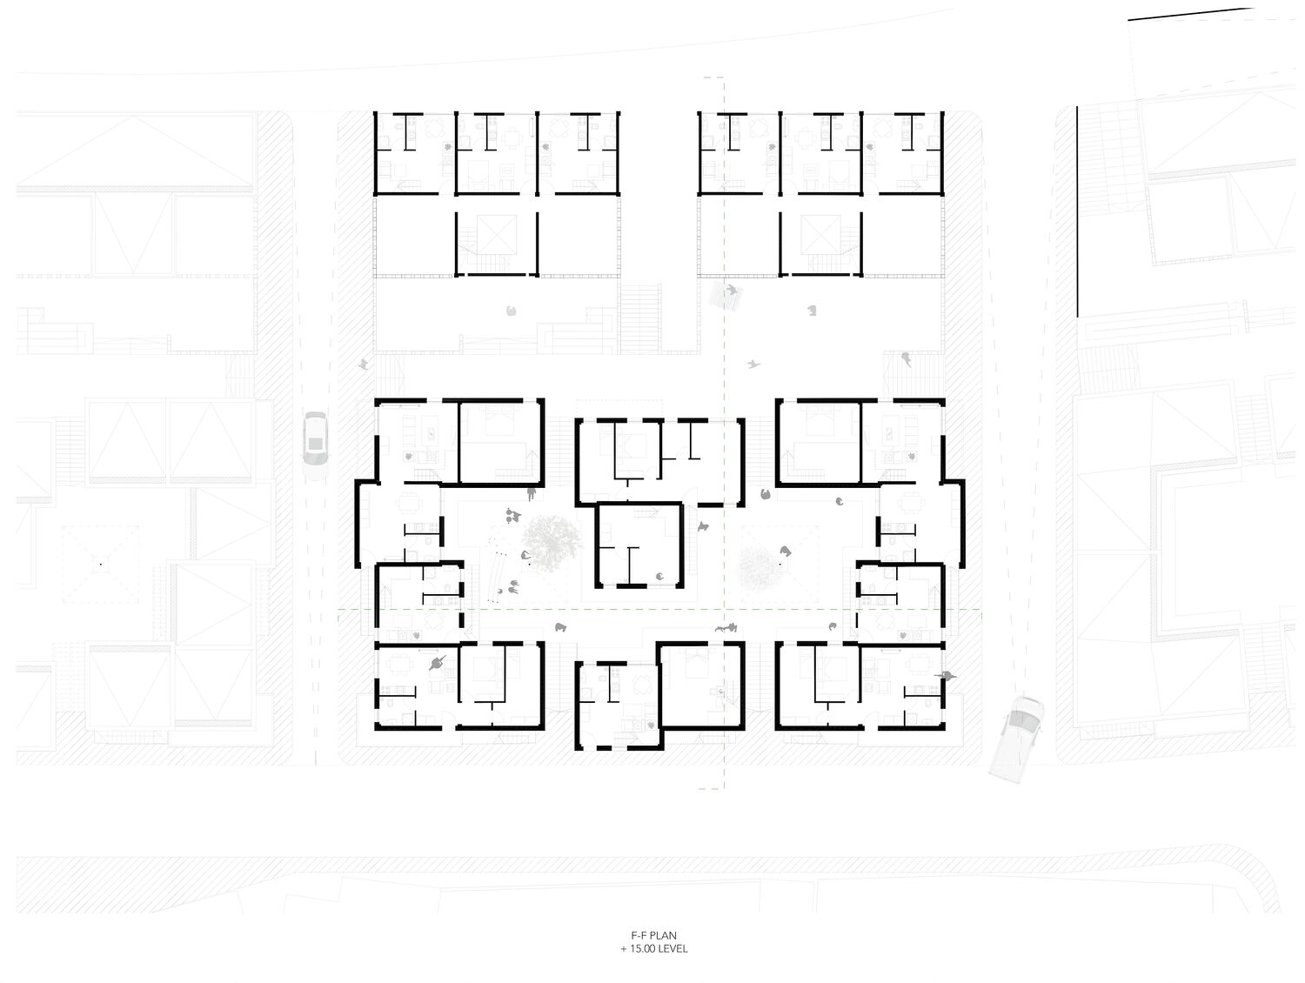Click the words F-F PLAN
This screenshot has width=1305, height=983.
653,935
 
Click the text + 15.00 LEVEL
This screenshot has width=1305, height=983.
653,949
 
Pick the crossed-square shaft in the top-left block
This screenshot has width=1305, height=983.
497,236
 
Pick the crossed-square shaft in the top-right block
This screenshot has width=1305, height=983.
820,236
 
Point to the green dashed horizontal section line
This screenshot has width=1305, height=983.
659,609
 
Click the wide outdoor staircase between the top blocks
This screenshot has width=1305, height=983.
640,318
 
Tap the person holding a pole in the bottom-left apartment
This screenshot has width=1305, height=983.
438,663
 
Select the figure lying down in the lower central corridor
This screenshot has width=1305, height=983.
726,627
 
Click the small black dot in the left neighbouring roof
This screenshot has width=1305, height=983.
101,564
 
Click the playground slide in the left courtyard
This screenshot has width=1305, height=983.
496,567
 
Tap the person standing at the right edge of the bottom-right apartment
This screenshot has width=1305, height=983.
946,676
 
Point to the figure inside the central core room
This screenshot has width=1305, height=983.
659,576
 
